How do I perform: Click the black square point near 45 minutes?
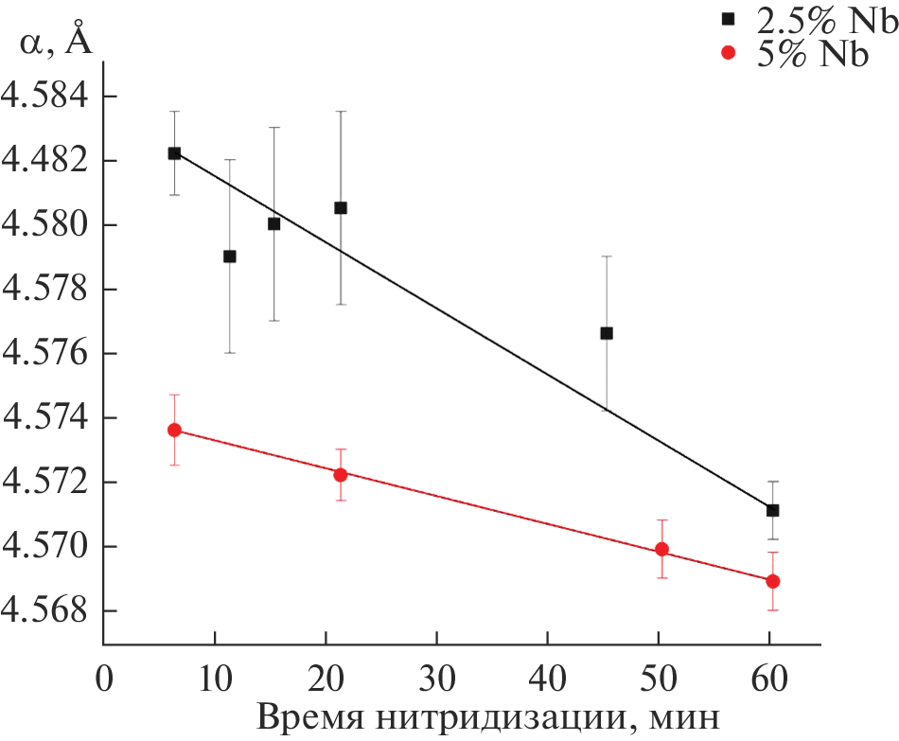607,333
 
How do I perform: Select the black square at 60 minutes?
772,510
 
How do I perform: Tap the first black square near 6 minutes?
174,153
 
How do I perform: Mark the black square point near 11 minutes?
229,256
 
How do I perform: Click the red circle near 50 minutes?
661,549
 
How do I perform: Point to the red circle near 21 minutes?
340,474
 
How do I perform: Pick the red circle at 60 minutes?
772,581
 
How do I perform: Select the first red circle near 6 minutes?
174,430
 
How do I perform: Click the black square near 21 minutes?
341,207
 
